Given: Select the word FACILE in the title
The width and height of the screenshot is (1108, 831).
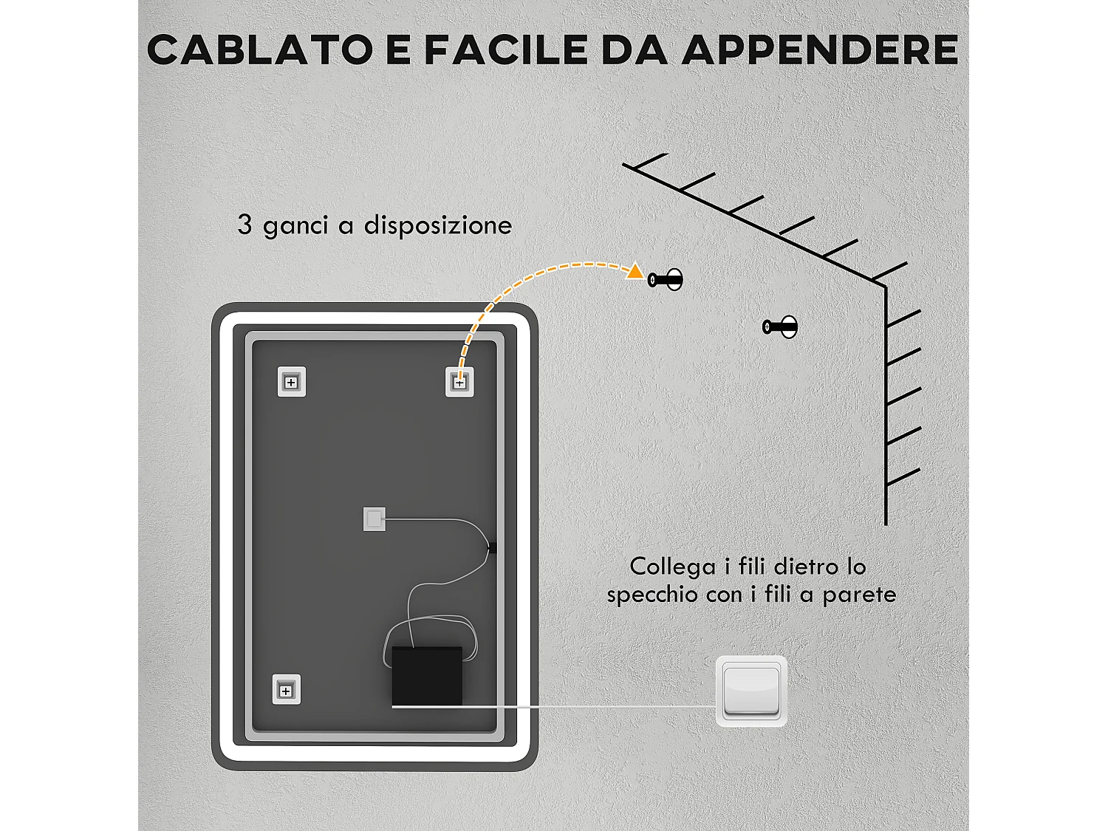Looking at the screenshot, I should click(x=505, y=50).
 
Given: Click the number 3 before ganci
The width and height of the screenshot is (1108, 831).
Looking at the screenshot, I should click(x=244, y=225).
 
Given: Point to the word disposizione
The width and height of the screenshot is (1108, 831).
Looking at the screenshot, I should click(x=437, y=225).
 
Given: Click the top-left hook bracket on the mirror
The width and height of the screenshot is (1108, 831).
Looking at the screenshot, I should click(x=291, y=382).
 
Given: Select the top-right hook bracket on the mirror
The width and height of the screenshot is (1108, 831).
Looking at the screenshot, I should click(x=459, y=383).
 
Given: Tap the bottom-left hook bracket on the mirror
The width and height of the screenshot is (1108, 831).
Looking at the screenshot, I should click(x=286, y=690).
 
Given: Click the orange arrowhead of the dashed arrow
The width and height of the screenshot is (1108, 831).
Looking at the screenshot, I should click(x=635, y=272).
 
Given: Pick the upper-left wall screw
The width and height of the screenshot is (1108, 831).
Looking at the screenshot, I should click(x=665, y=280).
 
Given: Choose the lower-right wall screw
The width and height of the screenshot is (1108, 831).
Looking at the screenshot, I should click(x=780, y=326).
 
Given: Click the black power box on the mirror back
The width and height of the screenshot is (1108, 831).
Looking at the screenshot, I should click(x=427, y=675).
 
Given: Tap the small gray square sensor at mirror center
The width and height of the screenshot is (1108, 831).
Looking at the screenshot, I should click(x=374, y=519).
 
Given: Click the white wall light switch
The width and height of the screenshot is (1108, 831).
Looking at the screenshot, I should click(x=751, y=691).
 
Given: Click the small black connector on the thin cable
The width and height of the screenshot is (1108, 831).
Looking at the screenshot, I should click(x=492, y=547).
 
